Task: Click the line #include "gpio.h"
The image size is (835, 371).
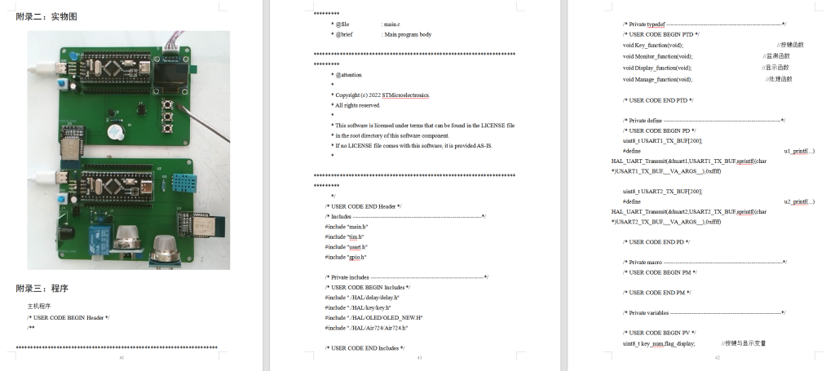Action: [x=346, y=256]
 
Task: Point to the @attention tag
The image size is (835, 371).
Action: [x=347, y=74]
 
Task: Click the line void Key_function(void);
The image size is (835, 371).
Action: [x=653, y=45]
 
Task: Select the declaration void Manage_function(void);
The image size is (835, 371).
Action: [x=657, y=79]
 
